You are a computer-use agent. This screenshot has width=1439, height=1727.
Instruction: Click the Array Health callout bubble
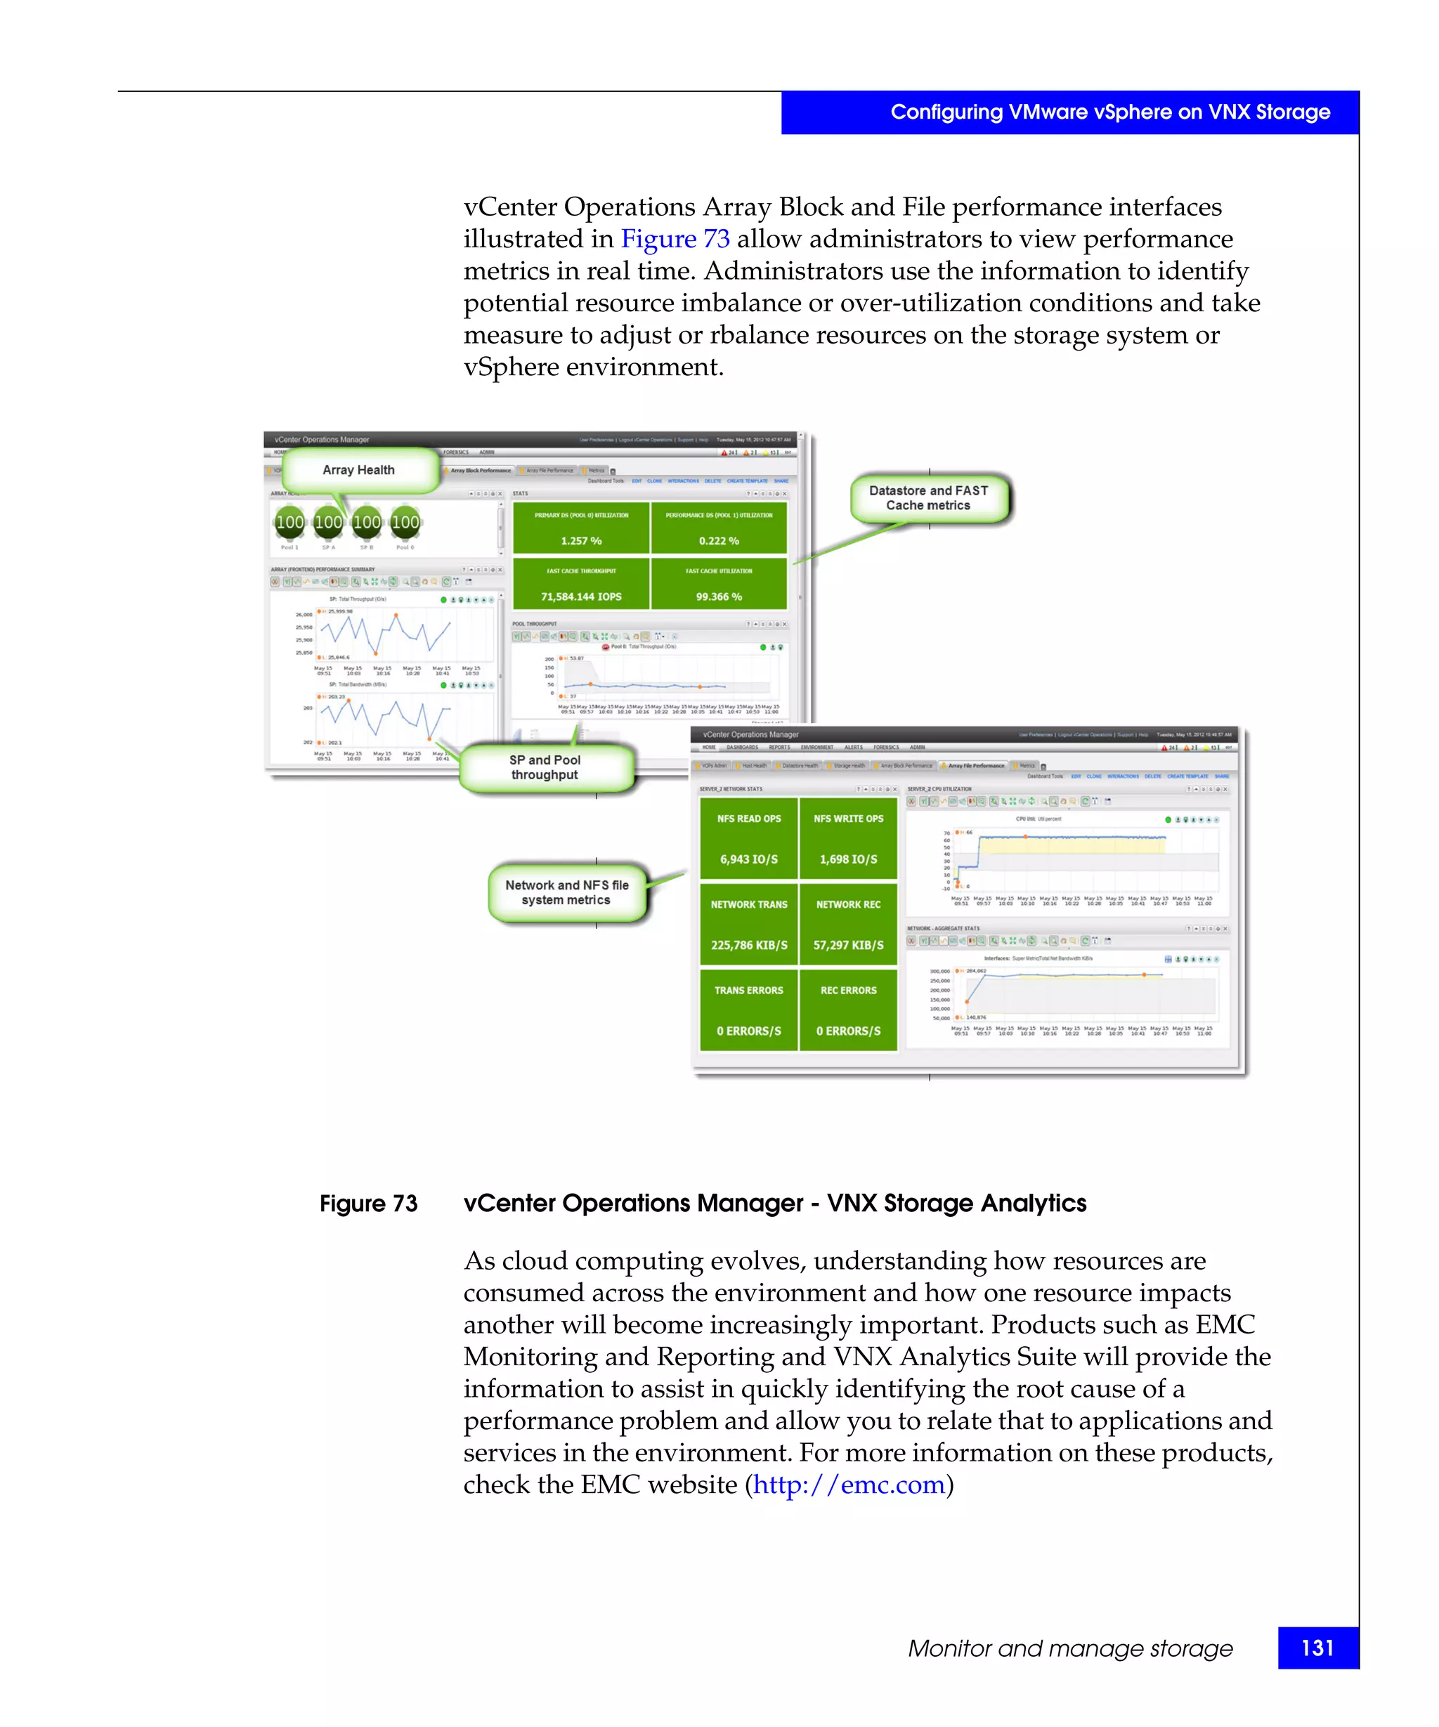[358, 471]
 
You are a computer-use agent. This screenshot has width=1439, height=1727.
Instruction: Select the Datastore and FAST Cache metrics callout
[928, 497]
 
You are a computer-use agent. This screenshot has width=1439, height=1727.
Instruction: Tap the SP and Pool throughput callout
[545, 767]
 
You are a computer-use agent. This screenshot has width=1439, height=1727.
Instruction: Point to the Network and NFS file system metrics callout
[566, 892]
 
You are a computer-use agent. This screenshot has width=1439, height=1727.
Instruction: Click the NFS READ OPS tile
[748, 839]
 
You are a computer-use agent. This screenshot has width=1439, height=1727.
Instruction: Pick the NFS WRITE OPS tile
[848, 839]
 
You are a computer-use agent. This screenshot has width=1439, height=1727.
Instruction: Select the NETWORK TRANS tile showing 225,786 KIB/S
[748, 925]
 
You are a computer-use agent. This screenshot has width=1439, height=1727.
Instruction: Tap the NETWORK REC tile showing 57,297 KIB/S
[848, 925]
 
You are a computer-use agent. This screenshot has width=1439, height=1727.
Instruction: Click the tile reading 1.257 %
[581, 528]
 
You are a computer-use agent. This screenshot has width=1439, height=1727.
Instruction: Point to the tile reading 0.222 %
[719, 528]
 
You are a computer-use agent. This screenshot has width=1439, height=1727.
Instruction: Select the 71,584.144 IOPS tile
[581, 584]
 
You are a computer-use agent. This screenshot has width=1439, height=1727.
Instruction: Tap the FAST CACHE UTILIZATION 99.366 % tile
[719, 584]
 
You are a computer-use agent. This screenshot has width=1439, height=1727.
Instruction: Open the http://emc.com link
[849, 1485]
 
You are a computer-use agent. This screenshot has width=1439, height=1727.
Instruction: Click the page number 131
[1317, 1648]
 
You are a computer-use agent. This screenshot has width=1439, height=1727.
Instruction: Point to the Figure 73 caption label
[368, 1204]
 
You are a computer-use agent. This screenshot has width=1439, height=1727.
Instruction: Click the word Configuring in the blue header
[946, 112]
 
